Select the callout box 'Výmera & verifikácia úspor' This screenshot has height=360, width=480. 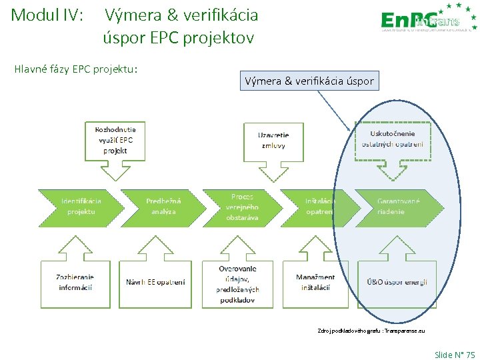point(310,82)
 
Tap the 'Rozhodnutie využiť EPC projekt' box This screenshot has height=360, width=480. point(115,140)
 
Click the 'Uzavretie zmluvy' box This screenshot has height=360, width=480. point(273,140)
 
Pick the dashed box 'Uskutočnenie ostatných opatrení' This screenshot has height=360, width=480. point(393,139)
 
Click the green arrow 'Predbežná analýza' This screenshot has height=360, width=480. point(163,207)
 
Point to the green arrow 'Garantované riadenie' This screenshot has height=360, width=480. point(399,207)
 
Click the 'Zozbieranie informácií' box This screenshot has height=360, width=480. point(75,282)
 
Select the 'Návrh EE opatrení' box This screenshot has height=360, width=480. point(155,283)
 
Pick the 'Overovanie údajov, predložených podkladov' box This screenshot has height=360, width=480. point(237,283)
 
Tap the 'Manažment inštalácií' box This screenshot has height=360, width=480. point(315,282)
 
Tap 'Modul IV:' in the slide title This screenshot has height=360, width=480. point(47,15)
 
